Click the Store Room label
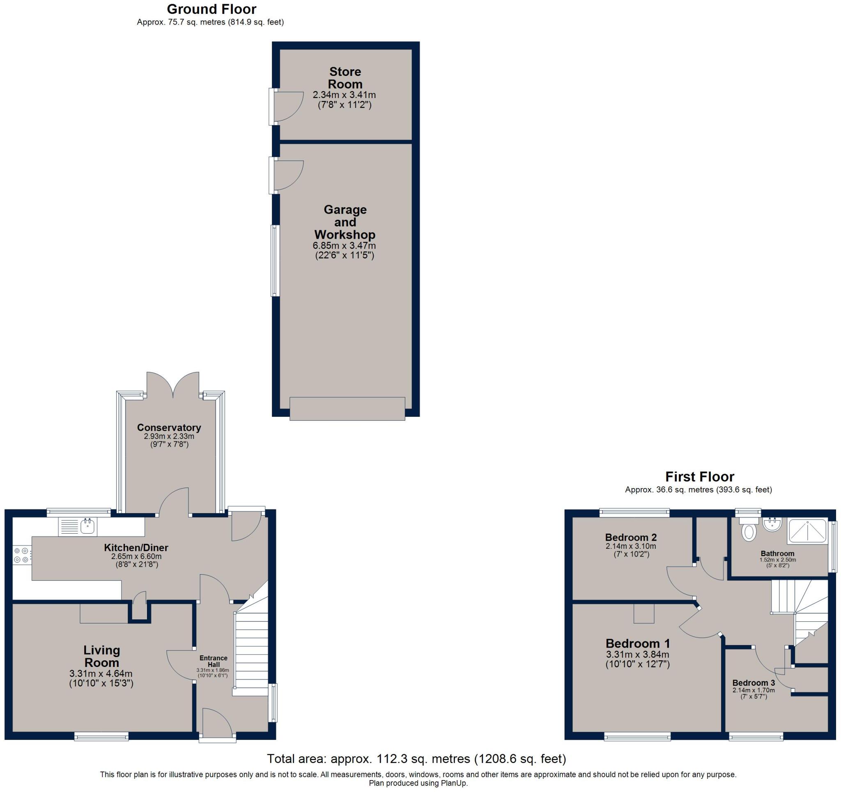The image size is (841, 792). (x=345, y=78)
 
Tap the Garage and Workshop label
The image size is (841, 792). (x=345, y=222)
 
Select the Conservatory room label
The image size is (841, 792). (x=169, y=428)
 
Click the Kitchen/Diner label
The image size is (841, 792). (x=136, y=548)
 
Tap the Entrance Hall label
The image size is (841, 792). (x=213, y=662)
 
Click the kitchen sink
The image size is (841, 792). (x=79, y=527)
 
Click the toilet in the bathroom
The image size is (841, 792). (x=749, y=529)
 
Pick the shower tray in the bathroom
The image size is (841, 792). (x=807, y=531)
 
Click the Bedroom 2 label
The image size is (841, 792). (x=631, y=538)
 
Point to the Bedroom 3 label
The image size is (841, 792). (x=754, y=683)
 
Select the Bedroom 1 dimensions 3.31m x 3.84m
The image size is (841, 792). (x=637, y=655)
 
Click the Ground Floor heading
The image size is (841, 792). (x=211, y=9)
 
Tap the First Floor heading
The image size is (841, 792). (x=700, y=477)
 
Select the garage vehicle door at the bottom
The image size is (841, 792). (x=347, y=408)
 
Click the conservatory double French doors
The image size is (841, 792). (x=172, y=385)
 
